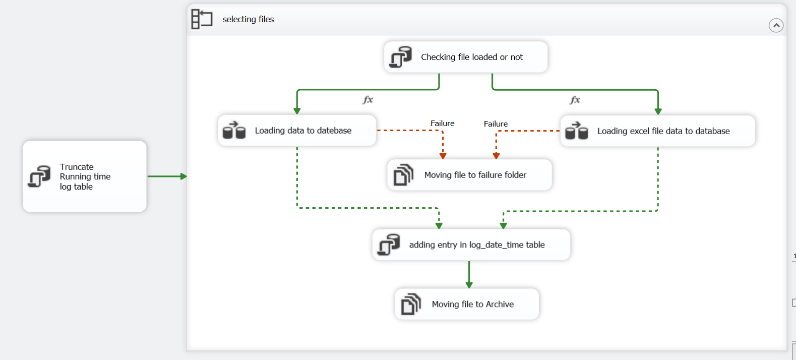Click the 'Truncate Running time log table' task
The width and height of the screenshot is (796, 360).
(85, 176)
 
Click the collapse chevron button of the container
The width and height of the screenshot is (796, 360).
(776, 25)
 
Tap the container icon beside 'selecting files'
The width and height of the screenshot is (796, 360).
(202, 19)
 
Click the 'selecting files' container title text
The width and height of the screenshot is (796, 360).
(248, 19)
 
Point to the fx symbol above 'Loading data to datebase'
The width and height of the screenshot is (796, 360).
(368, 100)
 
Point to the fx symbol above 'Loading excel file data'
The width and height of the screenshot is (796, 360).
(575, 100)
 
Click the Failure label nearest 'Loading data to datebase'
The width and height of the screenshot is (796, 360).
(442, 124)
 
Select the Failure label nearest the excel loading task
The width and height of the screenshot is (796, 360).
(496, 124)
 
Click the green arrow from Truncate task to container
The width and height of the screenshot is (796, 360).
(167, 176)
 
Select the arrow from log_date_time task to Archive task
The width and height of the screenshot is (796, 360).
(469, 274)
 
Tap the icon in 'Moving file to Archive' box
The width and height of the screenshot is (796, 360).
(411, 304)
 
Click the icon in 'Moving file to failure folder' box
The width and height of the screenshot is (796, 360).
(403, 175)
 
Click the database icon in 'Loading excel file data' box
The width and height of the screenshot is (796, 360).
(577, 131)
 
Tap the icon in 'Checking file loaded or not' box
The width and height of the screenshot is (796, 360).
(401, 57)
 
